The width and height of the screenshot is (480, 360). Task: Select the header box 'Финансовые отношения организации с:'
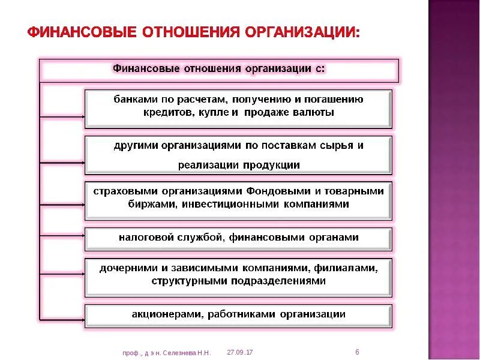[219, 68]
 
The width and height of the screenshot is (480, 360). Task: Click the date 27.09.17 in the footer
[240, 352]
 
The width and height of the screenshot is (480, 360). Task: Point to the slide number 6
[357, 352]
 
